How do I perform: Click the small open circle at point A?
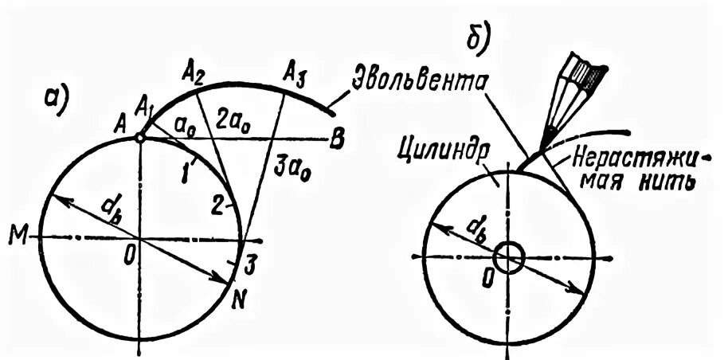point(139,138)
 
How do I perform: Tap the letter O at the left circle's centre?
point(127,257)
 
